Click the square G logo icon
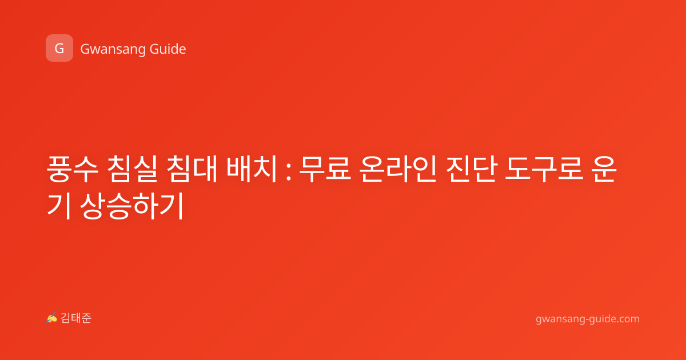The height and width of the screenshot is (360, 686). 59,48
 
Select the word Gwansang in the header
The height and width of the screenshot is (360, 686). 113,50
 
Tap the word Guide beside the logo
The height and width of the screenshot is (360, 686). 168,49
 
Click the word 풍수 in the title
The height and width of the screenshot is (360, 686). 73,169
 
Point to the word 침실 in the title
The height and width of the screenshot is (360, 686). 132,169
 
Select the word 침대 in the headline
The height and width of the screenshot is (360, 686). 192,169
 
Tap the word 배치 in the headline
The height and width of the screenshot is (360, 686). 252,169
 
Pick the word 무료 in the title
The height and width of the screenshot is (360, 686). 325,169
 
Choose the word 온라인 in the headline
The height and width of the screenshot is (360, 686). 398,169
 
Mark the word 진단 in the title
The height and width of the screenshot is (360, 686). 470,169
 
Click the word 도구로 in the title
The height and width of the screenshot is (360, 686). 544,169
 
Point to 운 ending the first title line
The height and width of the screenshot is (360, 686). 604,169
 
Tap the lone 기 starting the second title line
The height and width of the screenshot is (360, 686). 59,206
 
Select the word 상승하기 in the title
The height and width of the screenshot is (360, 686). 132,206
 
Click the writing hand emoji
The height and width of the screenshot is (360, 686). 52,318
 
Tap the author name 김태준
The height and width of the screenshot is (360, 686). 76,318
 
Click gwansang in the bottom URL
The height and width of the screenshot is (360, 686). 560,319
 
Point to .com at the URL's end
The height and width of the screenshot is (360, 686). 627,319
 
